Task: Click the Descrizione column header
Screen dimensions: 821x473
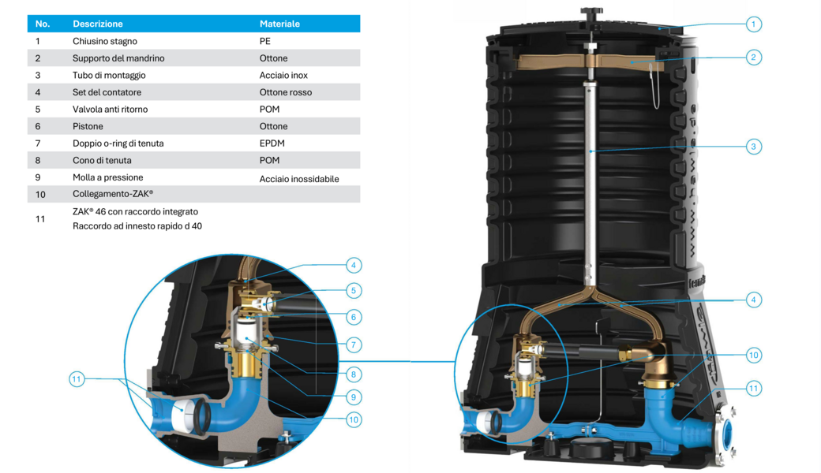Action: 97,24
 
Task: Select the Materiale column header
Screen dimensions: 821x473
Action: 279,24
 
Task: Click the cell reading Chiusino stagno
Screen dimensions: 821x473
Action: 105,41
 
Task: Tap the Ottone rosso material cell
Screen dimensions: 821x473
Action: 285,92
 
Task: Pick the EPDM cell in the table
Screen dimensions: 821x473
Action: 272,143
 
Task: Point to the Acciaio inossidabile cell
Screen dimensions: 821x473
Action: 299,179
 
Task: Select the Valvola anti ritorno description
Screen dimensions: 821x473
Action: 110,110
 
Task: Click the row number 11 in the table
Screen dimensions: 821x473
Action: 40,219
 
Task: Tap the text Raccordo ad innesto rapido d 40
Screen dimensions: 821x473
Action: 137,226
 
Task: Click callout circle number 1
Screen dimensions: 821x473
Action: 753,24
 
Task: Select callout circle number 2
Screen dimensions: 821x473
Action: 753,58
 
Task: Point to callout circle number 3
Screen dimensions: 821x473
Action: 753,147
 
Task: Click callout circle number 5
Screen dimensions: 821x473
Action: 354,291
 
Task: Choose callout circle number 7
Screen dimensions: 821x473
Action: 354,345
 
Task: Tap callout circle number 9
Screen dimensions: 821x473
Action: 354,397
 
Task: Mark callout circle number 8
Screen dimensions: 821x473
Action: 354,374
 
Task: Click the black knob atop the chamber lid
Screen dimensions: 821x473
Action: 591,10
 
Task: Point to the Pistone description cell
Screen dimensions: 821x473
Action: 88,126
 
